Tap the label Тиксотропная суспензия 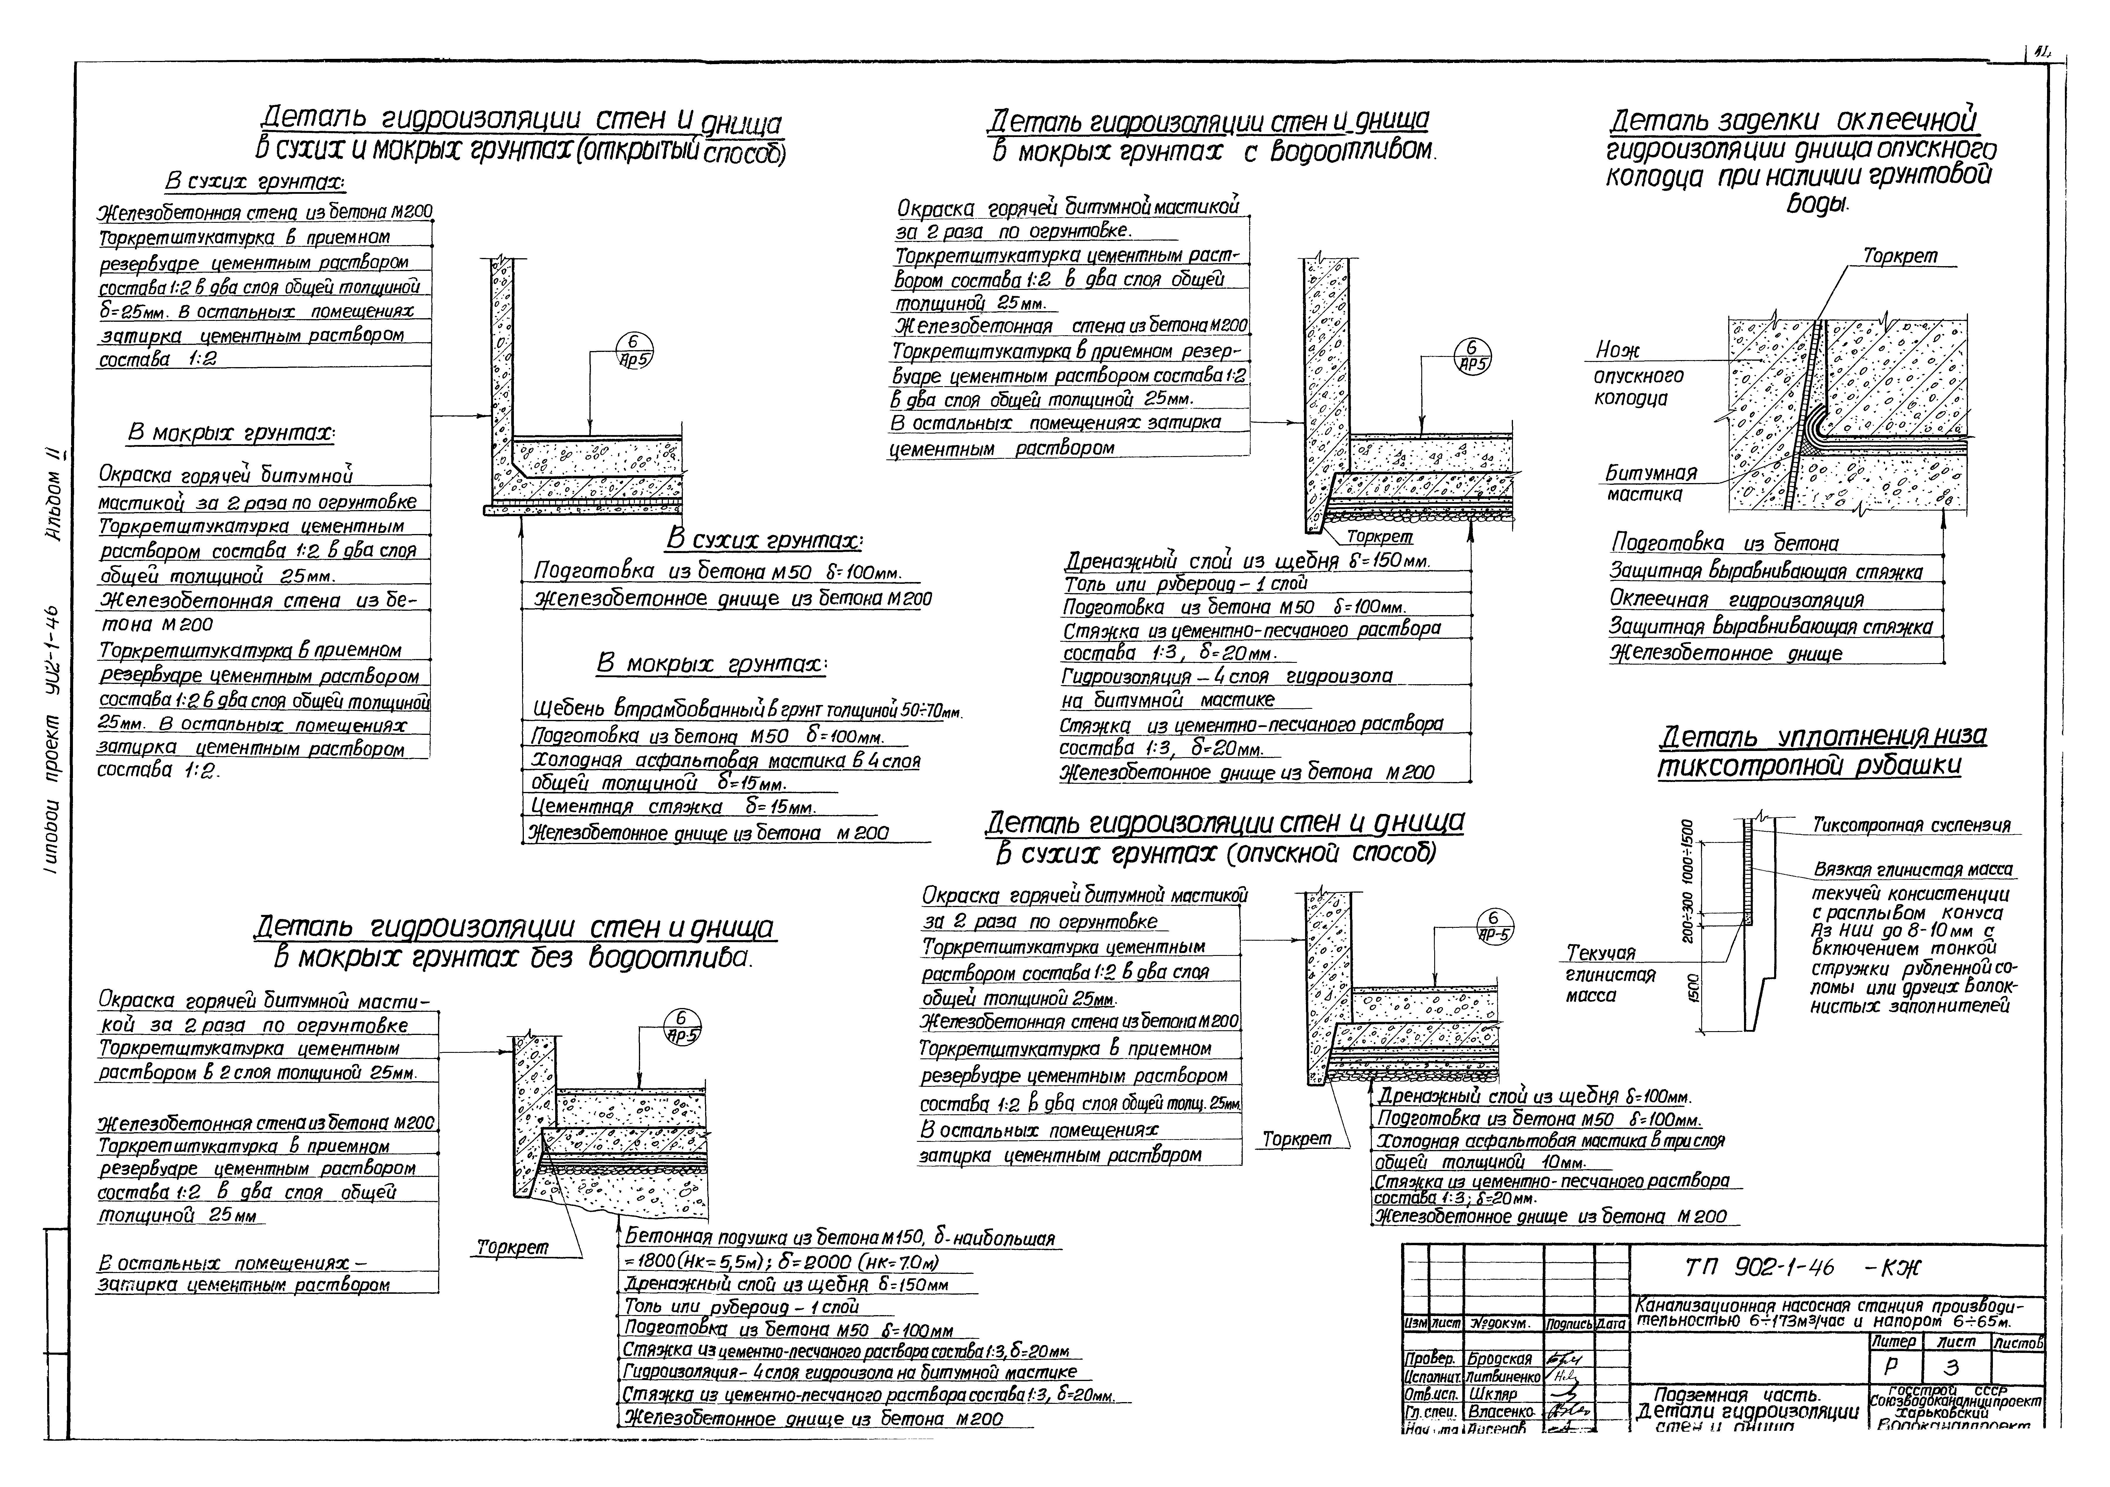click(1911, 825)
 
